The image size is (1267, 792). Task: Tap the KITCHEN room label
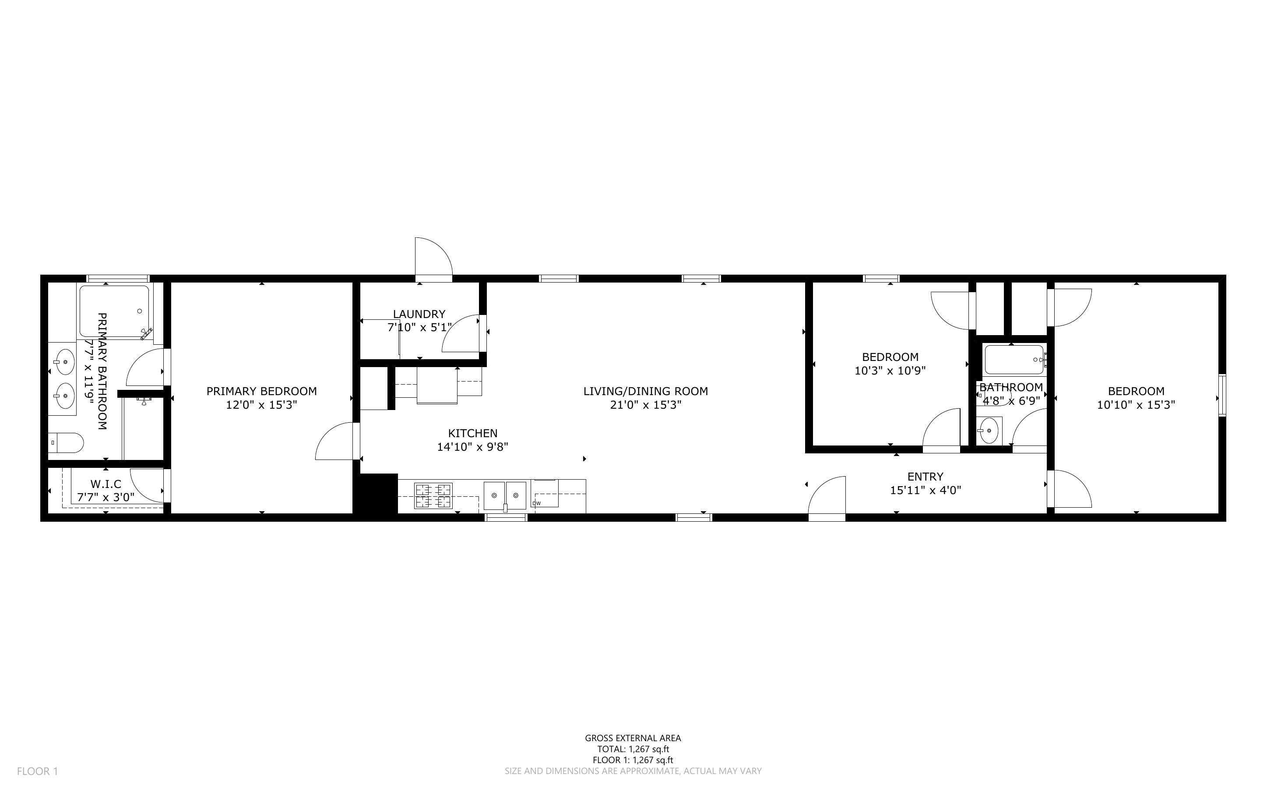[472, 433]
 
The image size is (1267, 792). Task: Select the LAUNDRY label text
[419, 314]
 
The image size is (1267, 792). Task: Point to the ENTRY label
[925, 477]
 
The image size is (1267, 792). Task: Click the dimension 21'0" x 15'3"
[645, 405]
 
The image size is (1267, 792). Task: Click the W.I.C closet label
[106, 484]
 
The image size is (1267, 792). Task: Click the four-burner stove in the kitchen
[433, 495]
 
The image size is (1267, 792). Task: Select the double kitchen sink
[504, 495]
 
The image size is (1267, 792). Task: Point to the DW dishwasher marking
[536, 503]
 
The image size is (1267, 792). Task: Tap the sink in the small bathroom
[989, 431]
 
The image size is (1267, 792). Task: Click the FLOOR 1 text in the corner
[37, 771]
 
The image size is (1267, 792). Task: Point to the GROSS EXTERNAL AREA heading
[633, 738]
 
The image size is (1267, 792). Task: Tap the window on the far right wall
[1222, 396]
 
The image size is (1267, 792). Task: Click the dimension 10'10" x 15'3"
[1136, 405]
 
